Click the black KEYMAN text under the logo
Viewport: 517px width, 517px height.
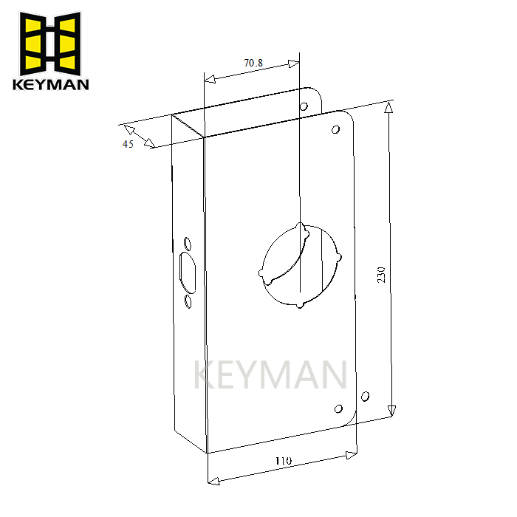coord(50,83)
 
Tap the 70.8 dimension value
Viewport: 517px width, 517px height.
coord(253,64)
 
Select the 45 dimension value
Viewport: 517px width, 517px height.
coord(128,144)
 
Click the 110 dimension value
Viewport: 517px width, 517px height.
coord(283,461)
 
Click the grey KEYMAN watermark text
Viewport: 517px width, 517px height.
coord(270,375)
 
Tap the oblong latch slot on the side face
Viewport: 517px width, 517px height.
coord(187,272)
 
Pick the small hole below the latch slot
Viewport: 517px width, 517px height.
coord(187,301)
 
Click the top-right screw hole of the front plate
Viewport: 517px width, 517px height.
coord(335,131)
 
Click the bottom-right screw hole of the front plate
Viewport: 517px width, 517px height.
coord(339,409)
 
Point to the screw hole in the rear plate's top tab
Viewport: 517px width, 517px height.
coord(304,107)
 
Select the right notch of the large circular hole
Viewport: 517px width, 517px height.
coord(339,257)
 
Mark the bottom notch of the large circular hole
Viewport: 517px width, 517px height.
coord(299,304)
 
